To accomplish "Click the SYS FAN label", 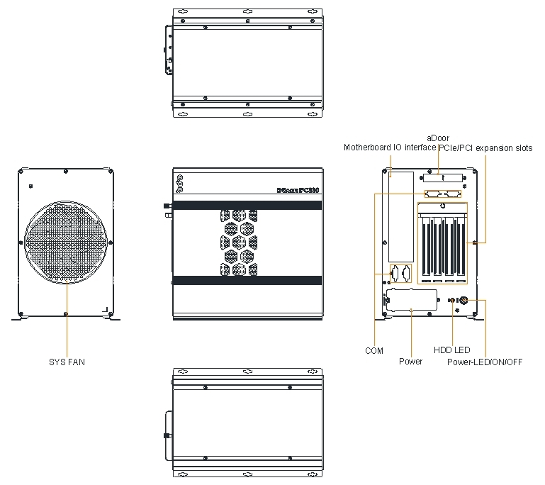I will point(66,362).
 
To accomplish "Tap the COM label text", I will point(374,350).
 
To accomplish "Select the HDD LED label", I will point(451,350).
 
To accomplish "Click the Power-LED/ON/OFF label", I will point(485,362).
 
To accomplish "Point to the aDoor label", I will point(438,138).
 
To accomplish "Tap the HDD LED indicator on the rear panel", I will point(454,301).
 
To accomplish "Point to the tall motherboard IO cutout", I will point(401,216).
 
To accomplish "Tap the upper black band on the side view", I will point(247,205).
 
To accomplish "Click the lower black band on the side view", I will point(247,281).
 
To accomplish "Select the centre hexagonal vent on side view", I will point(240,242).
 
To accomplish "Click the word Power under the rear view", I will point(410,362).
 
